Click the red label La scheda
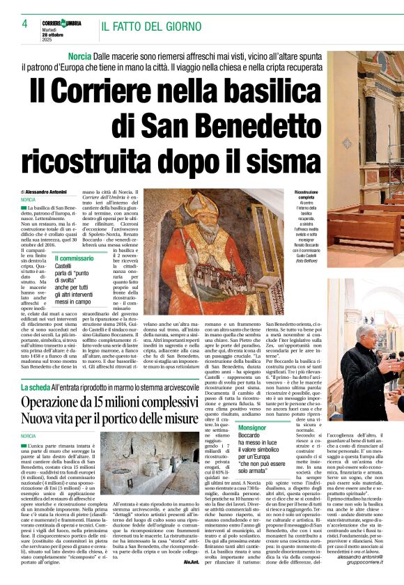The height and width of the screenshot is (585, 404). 36,386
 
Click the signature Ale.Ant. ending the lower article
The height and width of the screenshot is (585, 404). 190,580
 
